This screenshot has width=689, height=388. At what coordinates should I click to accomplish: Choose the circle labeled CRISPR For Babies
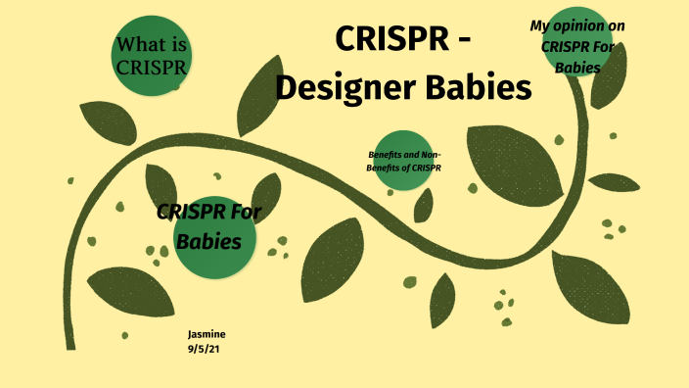pos(214,235)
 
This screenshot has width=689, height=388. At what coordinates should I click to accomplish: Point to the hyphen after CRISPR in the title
pos(463,41)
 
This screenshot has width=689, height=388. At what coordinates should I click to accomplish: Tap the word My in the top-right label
pos(542,25)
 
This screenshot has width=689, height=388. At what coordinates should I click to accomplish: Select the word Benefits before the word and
pos(385,155)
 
